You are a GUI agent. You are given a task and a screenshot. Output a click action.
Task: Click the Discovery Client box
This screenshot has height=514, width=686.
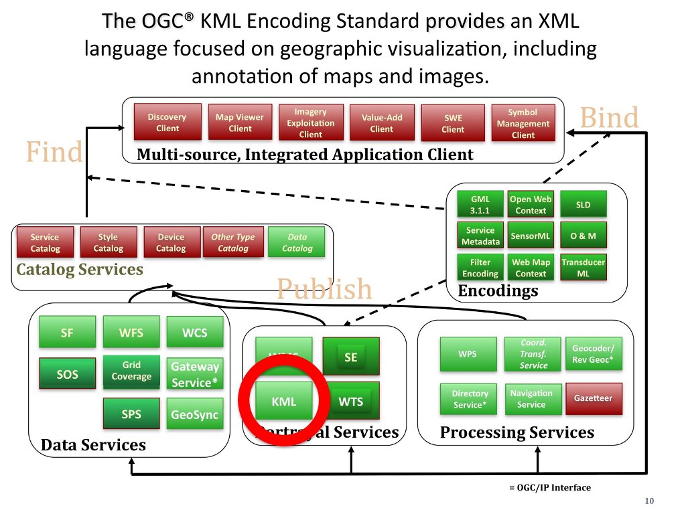pyautogui.click(x=167, y=122)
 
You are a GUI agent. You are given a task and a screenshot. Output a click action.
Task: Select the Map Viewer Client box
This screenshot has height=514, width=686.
pyautogui.click(x=239, y=122)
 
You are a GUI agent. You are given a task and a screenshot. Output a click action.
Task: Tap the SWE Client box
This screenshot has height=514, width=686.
pyautogui.click(x=452, y=123)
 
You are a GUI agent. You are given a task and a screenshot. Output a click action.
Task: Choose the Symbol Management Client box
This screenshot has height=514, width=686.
pyautogui.click(x=523, y=123)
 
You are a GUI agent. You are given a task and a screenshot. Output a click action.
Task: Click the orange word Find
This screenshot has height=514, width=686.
pyautogui.click(x=54, y=152)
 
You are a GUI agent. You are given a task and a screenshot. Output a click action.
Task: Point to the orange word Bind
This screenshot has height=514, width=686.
pyautogui.click(x=609, y=118)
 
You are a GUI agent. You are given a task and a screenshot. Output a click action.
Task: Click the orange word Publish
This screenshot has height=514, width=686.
pyautogui.click(x=324, y=288)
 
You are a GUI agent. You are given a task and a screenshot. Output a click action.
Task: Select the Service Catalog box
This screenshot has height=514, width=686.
pyautogui.click(x=45, y=242)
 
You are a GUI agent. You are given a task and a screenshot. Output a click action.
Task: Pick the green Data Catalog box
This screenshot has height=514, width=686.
pyautogui.click(x=297, y=242)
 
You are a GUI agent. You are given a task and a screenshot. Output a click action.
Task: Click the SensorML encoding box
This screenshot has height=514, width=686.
pyautogui.click(x=530, y=236)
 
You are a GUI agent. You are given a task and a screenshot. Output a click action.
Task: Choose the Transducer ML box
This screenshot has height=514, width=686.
pyautogui.click(x=583, y=268)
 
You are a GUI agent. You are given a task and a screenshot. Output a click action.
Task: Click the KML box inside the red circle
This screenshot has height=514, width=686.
pyautogui.click(x=283, y=402)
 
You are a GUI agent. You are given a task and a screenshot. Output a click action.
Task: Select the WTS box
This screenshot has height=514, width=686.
pyautogui.click(x=350, y=402)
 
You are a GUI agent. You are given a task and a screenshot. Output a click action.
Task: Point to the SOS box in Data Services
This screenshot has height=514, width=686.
pyautogui.click(x=67, y=375)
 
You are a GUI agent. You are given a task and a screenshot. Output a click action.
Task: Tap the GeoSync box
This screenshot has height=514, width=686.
pyautogui.click(x=194, y=414)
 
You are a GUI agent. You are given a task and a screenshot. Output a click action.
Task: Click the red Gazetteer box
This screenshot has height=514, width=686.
pyautogui.click(x=593, y=398)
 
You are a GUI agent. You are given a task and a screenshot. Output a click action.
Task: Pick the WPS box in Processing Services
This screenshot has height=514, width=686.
pyautogui.click(x=468, y=353)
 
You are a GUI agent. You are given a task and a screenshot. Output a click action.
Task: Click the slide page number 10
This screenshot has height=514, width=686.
pyautogui.click(x=648, y=501)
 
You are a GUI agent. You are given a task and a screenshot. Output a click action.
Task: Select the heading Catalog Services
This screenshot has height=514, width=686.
pyautogui.click(x=80, y=270)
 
